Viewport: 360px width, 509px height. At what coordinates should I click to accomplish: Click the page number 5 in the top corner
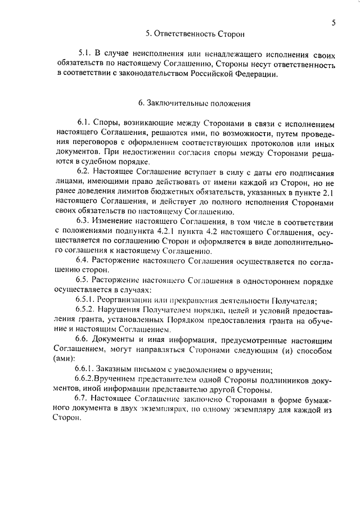[334, 23]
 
